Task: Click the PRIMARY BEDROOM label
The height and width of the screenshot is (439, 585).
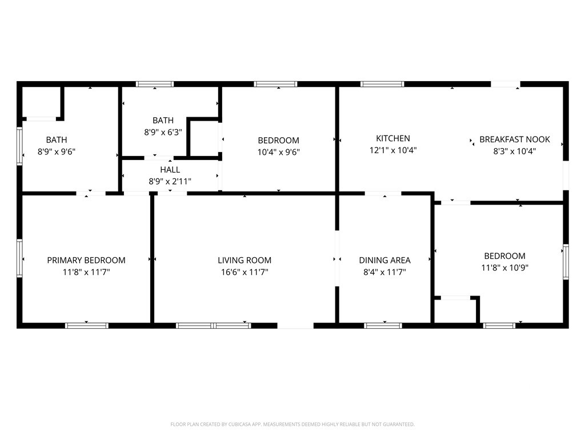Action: click(x=86, y=260)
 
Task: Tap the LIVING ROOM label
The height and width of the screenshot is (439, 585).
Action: click(x=245, y=260)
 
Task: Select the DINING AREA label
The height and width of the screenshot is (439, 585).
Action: click(x=384, y=260)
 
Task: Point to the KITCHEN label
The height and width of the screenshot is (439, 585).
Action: click(x=393, y=138)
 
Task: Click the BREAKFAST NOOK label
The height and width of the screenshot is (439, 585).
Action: click(x=515, y=139)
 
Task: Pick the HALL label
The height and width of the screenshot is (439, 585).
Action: click(x=170, y=170)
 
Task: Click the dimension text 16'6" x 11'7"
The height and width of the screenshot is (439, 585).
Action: click(x=245, y=273)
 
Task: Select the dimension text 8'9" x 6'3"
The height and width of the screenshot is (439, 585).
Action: click(x=163, y=132)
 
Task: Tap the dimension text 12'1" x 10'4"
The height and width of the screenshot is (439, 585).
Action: click(x=393, y=151)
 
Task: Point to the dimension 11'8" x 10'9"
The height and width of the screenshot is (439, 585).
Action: click(x=505, y=268)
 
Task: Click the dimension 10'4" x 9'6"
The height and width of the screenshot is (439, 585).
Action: click(x=278, y=152)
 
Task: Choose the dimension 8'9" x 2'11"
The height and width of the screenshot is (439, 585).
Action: click(x=170, y=182)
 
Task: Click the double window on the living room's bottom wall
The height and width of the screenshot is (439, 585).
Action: click(x=214, y=326)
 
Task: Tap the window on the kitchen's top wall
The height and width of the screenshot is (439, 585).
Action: click(x=382, y=84)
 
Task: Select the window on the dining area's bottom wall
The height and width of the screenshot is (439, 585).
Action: click(x=383, y=326)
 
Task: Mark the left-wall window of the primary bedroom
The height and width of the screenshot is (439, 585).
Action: click(x=19, y=258)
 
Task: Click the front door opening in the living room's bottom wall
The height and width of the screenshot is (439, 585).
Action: click(x=295, y=326)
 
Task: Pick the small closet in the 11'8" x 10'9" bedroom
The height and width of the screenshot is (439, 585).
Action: click(x=455, y=311)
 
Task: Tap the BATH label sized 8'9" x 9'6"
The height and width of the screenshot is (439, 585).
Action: click(x=57, y=139)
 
